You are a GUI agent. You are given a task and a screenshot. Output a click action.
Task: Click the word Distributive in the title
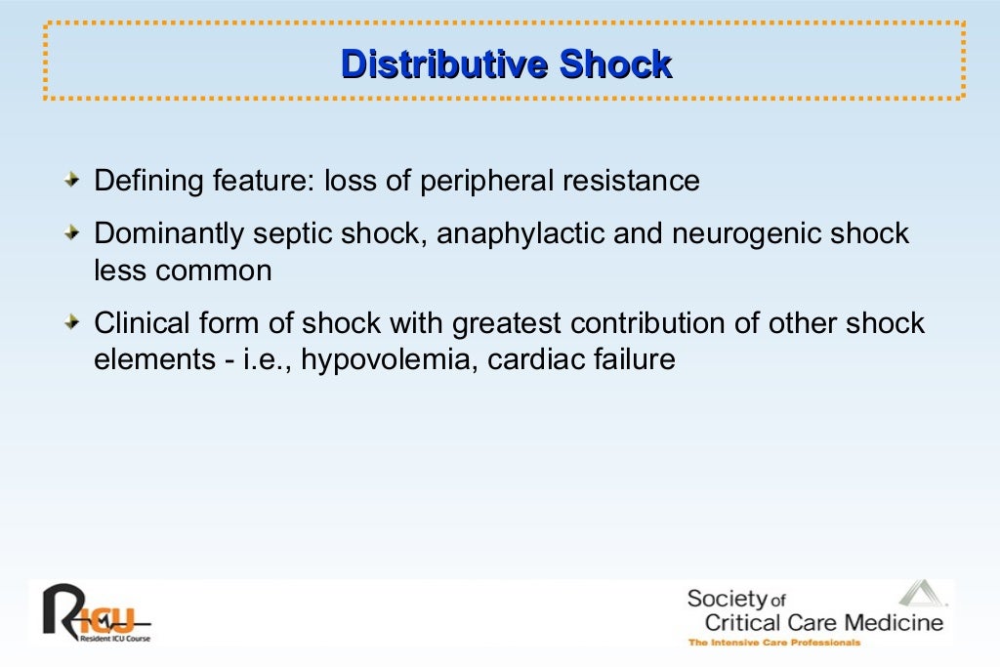tap(444, 64)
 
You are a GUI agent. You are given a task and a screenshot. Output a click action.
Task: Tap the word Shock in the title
tap(615, 64)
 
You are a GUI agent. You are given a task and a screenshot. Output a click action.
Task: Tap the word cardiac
tap(535, 359)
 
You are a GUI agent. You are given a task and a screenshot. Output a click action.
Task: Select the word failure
tap(633, 359)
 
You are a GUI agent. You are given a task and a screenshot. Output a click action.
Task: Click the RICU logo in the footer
tap(93, 609)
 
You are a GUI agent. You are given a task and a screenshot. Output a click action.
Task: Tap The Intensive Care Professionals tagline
tap(774, 643)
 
